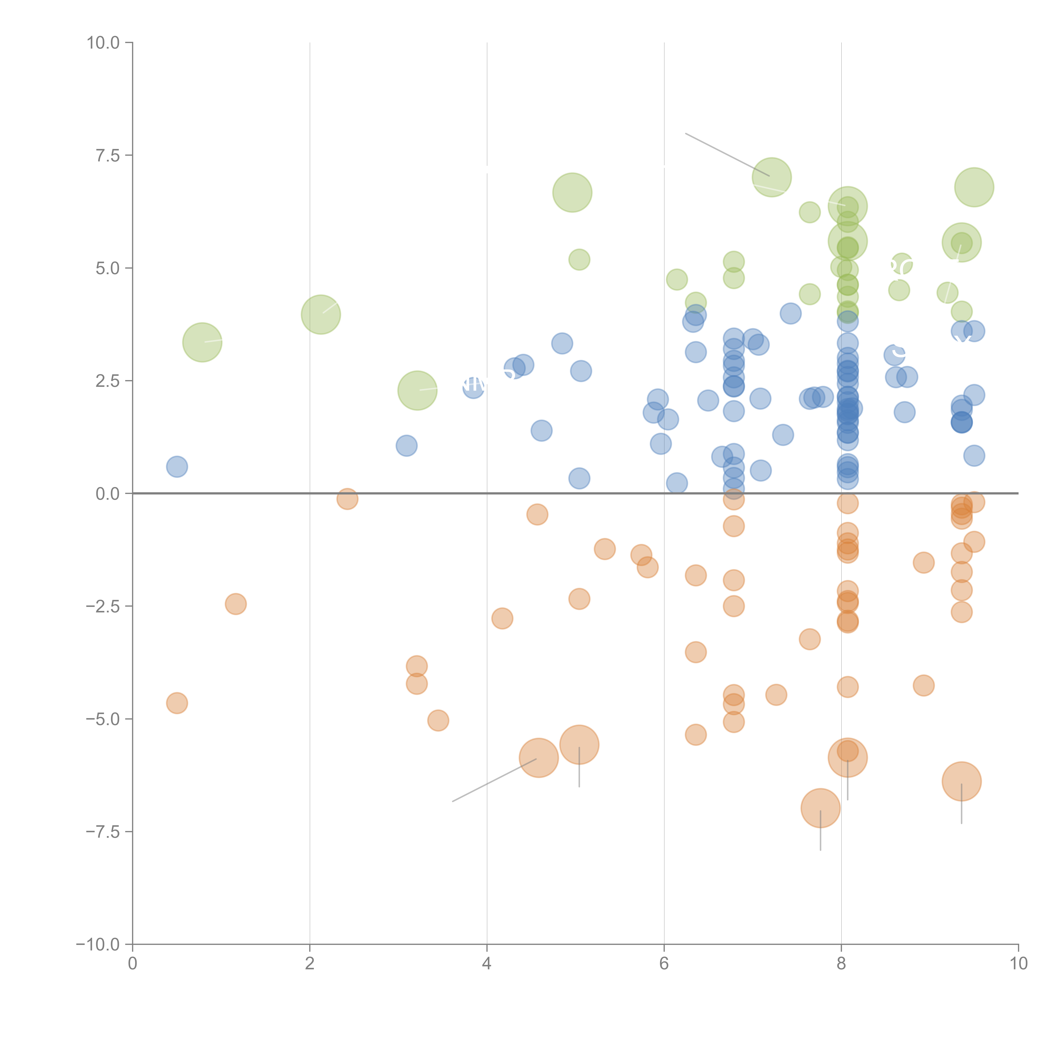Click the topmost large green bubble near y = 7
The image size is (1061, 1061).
click(x=772, y=177)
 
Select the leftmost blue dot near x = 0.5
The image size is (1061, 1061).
click(x=177, y=467)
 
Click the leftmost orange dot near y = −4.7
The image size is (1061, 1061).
click(x=177, y=703)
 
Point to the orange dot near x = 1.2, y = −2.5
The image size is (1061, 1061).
click(x=236, y=604)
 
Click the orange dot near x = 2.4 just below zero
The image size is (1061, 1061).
click(x=347, y=499)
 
